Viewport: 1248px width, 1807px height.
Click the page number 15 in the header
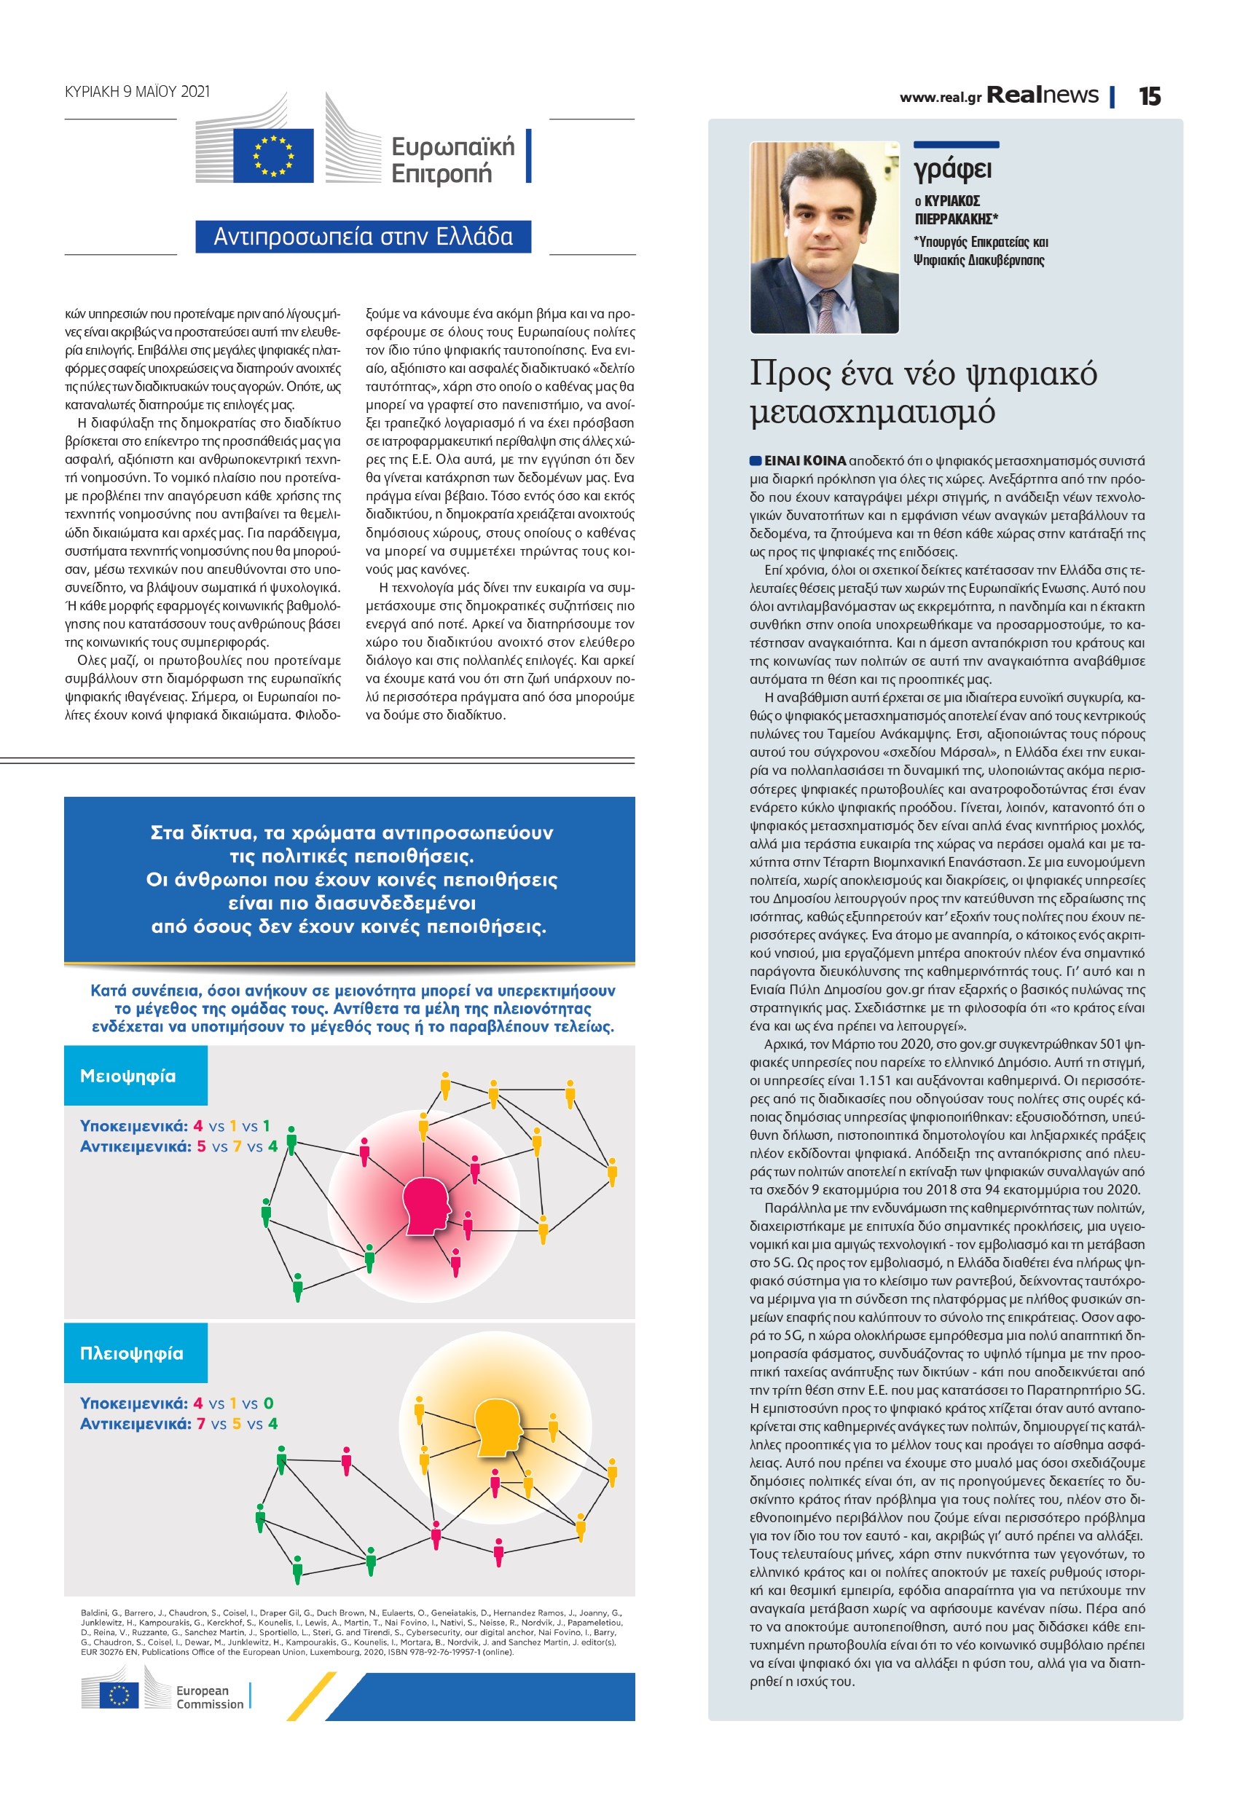point(1150,96)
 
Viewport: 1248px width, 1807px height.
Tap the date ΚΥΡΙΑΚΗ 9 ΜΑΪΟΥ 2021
point(138,92)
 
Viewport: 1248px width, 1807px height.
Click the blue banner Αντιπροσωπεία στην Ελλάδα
point(363,236)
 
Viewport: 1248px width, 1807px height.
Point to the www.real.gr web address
point(940,98)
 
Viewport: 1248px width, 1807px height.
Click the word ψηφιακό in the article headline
point(1032,374)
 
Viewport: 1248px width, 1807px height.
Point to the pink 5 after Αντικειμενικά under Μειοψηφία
point(201,1146)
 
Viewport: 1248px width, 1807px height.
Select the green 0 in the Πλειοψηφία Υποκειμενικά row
point(268,1403)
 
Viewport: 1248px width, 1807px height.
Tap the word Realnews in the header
point(1043,95)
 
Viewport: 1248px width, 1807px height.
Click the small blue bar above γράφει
point(956,145)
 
